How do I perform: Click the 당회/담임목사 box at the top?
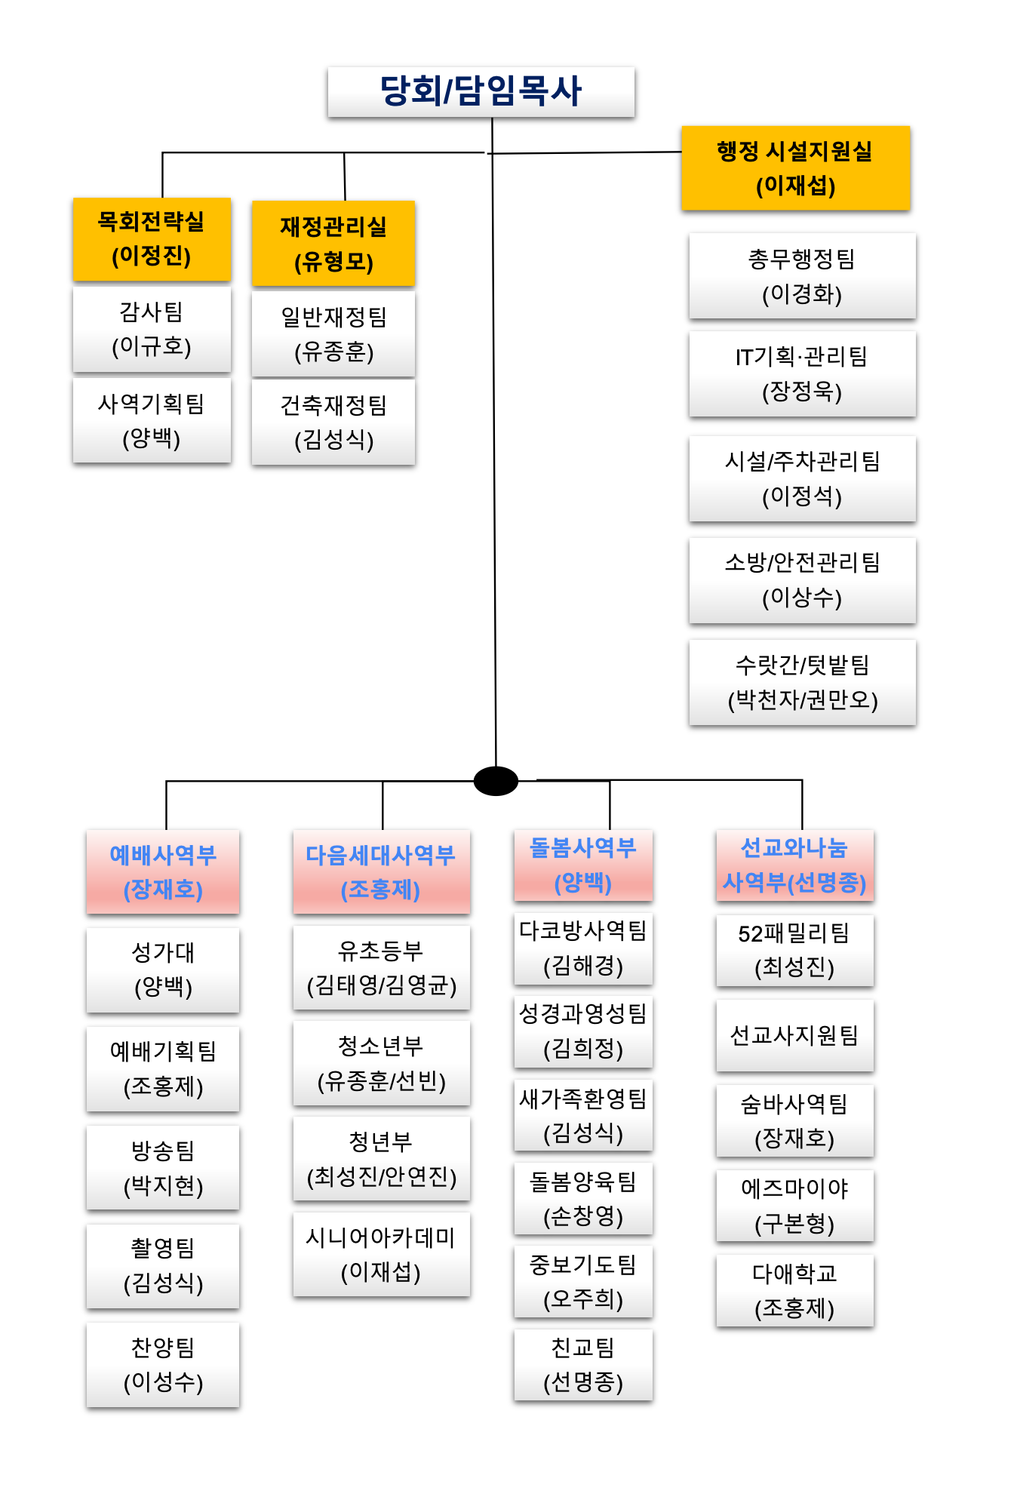[481, 91]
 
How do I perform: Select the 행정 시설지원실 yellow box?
[795, 168]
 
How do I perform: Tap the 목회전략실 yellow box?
[152, 238]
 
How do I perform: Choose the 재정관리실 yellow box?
[333, 243]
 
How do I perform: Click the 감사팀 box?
[152, 329]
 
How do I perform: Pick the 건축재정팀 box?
[333, 422]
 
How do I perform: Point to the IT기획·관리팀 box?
[802, 373]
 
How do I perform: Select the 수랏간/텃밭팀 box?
[802, 682]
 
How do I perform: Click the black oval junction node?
[496, 781]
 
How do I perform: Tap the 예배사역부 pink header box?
[163, 871]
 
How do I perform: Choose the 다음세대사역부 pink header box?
[381, 871]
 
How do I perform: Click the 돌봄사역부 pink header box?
[583, 865]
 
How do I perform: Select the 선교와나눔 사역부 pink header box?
[794, 865]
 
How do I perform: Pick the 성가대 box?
[163, 970]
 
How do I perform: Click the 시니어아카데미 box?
[381, 1254]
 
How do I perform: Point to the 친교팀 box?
[583, 1364]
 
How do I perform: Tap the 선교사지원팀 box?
[794, 1035]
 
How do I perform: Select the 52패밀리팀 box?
[794, 950]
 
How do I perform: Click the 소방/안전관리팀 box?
[802, 579]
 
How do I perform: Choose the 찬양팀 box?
[163, 1364]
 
